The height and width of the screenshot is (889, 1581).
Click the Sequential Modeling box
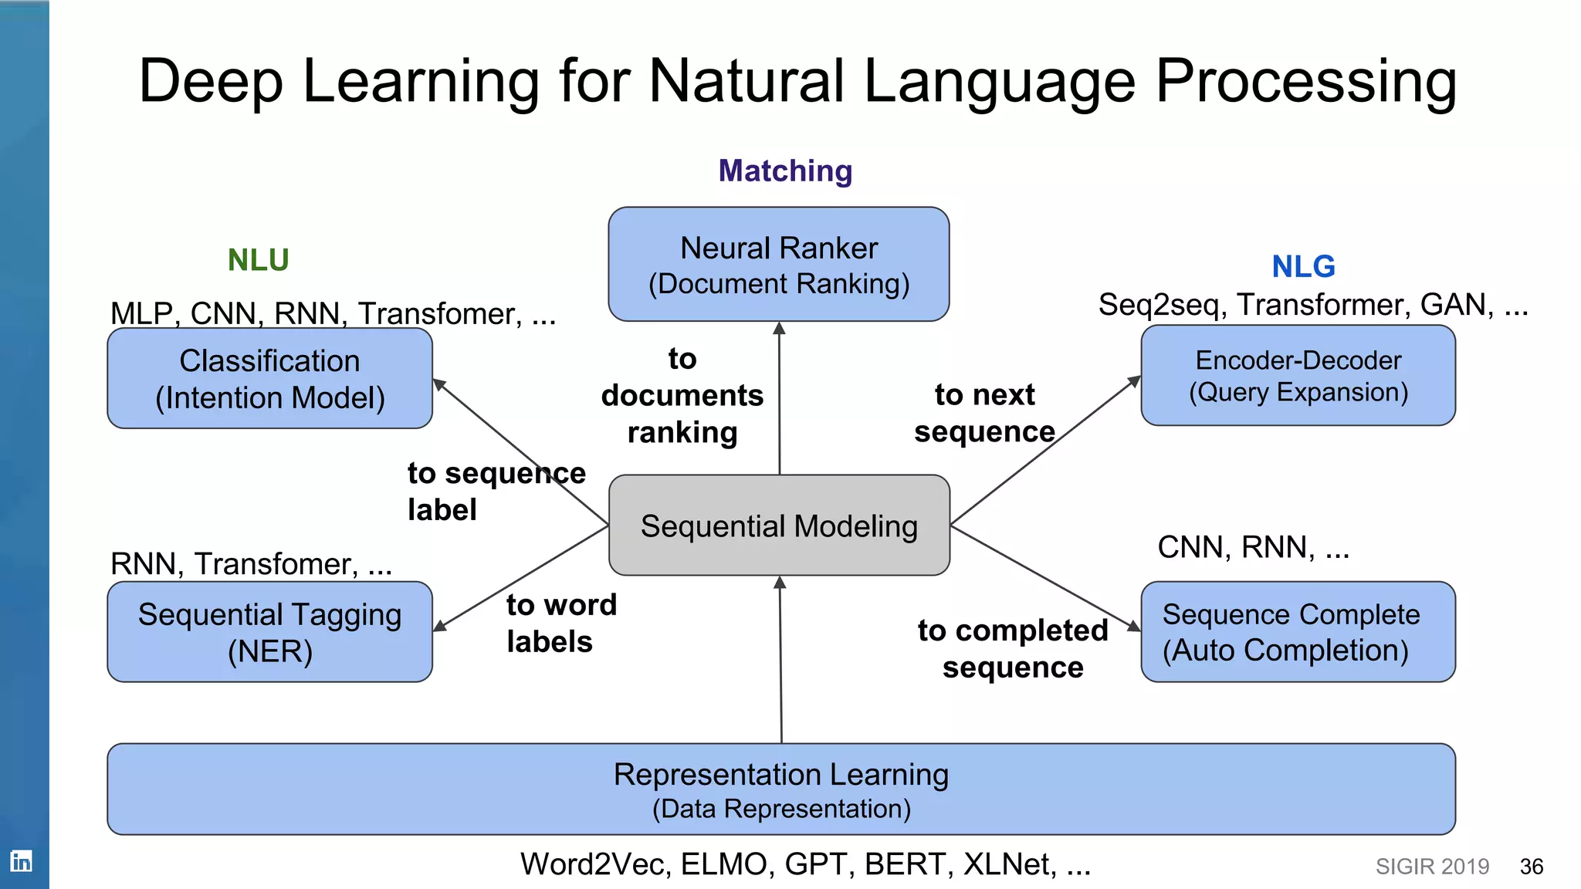(x=779, y=526)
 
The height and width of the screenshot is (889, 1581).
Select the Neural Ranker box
(x=779, y=264)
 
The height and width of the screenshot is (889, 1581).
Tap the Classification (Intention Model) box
(x=269, y=378)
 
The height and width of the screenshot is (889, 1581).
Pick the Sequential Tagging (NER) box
(x=269, y=631)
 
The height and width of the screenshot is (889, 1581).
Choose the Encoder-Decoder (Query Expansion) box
(x=1298, y=375)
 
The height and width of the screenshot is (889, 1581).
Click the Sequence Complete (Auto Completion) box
(x=1298, y=631)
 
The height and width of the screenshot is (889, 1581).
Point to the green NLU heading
(x=258, y=260)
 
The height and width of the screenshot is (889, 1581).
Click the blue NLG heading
(x=1303, y=266)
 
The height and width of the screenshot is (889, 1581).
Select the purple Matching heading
(x=785, y=171)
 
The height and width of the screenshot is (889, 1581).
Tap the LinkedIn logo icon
(x=22, y=860)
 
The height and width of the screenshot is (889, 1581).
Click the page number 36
(x=1531, y=867)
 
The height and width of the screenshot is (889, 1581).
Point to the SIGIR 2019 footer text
(x=1432, y=867)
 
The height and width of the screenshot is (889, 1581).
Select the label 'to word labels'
(x=560, y=623)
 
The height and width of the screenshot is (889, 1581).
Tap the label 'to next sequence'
(x=984, y=413)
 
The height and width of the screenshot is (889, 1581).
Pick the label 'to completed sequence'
(x=1013, y=648)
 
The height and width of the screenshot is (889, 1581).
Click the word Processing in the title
(x=1305, y=81)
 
